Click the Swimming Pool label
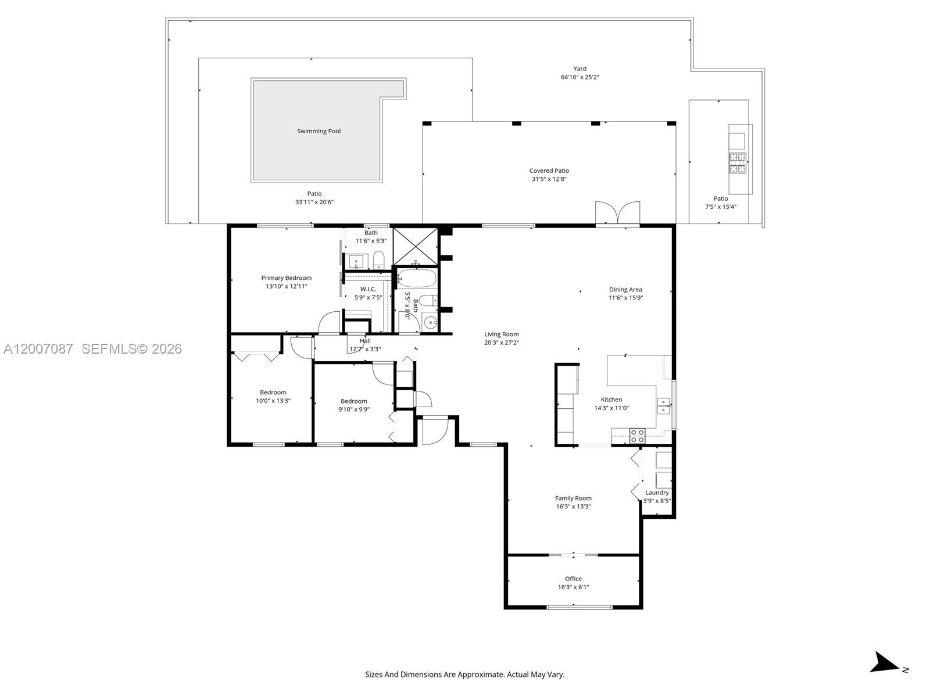tap(319, 131)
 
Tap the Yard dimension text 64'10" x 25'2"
tap(580, 77)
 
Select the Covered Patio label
tap(549, 170)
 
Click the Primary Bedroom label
tap(286, 278)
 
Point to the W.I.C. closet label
tap(368, 289)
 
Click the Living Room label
tap(501, 334)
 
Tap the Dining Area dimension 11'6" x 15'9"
tap(625, 298)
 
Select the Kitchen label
tap(611, 400)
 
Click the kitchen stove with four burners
tap(637, 436)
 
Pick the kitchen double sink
tap(663, 406)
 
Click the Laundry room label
tap(657, 493)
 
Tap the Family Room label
tap(573, 498)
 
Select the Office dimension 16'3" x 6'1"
tap(573, 587)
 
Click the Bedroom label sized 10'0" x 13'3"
tap(273, 393)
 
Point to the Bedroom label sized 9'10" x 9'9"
tap(353, 401)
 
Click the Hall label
tap(365, 341)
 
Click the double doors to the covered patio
tap(617, 213)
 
